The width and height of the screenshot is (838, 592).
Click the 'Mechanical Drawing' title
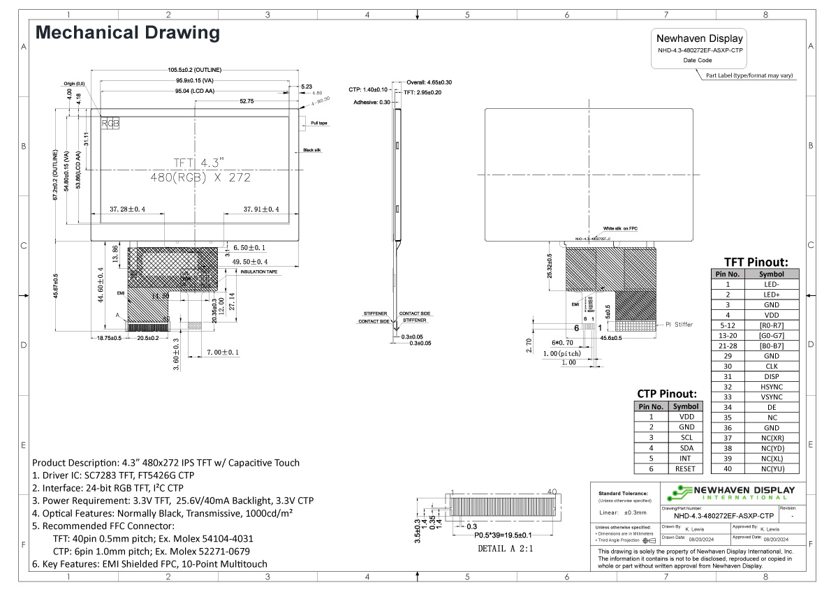(x=127, y=33)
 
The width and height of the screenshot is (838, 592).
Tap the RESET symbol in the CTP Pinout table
(x=686, y=469)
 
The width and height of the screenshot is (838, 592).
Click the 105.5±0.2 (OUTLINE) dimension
(x=195, y=71)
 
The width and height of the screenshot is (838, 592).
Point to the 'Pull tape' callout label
(x=319, y=124)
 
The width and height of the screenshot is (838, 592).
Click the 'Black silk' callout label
(x=312, y=150)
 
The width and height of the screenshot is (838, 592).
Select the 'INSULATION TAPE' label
(x=259, y=272)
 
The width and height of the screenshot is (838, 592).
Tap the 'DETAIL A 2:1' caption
(x=506, y=549)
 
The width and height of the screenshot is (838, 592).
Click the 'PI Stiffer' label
(x=679, y=325)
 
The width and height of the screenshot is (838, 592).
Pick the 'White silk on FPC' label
(x=620, y=229)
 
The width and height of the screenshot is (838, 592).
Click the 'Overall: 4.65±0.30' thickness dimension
(x=429, y=82)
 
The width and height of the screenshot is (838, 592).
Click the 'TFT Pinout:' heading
(x=756, y=262)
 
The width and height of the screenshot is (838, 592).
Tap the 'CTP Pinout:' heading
(x=667, y=394)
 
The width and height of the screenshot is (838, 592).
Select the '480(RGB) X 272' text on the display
(x=200, y=177)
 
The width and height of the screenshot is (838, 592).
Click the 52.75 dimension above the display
(x=247, y=101)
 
